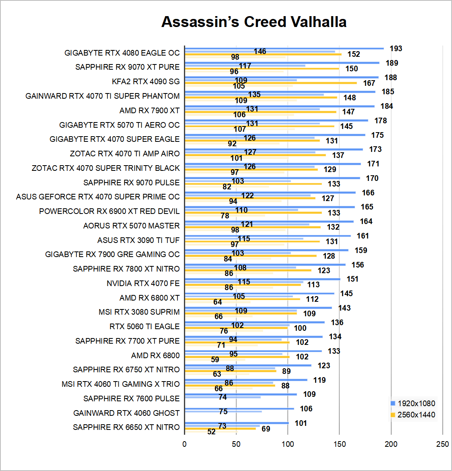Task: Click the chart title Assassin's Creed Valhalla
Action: click(x=254, y=22)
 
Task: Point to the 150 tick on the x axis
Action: click(x=339, y=444)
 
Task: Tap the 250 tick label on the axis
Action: click(x=442, y=444)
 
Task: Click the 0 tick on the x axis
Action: click(x=184, y=444)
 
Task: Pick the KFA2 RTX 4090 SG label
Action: click(x=146, y=81)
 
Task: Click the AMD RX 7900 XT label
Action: click(x=149, y=110)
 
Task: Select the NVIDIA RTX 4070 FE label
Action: click(x=143, y=283)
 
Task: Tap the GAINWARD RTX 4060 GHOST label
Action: click(x=126, y=413)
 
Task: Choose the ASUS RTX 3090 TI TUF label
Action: click(x=138, y=240)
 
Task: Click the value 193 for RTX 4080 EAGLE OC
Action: click(x=396, y=48)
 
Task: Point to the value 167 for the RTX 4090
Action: click(x=369, y=83)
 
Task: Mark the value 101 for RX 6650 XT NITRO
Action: click(x=301, y=423)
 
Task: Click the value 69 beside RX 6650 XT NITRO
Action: click(x=266, y=429)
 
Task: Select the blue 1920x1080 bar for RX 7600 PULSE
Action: click(x=241, y=394)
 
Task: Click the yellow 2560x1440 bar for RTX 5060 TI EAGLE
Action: click(x=236, y=328)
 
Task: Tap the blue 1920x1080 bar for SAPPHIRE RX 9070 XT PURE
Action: click(x=282, y=63)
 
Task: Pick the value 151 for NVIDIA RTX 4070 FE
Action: click(x=352, y=279)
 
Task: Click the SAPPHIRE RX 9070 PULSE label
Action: click(x=131, y=183)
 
